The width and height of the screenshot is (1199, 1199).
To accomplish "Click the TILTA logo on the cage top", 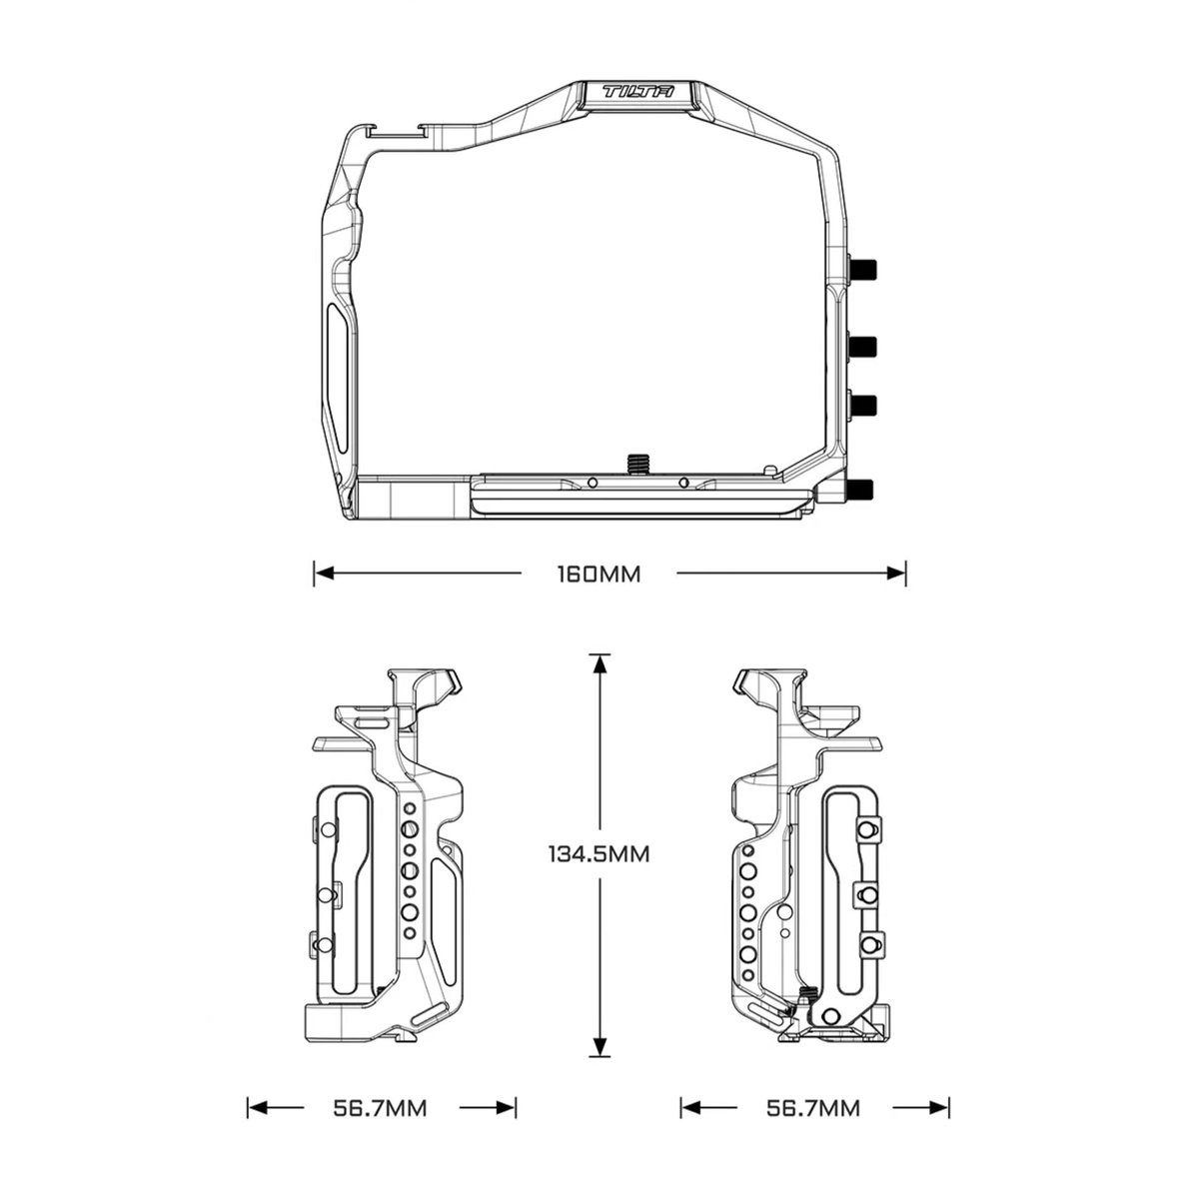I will [x=638, y=93].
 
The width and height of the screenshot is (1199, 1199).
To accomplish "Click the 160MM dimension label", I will [x=599, y=575].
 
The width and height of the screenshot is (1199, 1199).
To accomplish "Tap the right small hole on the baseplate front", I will [x=683, y=483].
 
